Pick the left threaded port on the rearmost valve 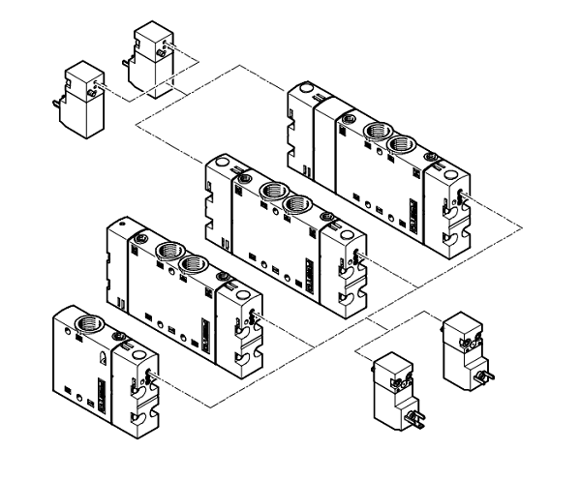372,135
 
